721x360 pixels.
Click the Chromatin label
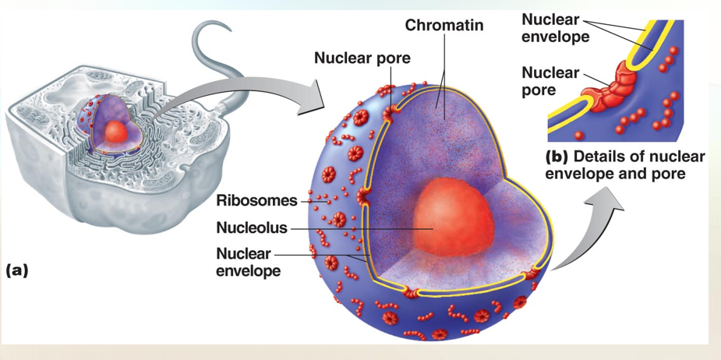(x=444, y=26)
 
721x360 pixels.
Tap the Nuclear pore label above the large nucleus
(x=362, y=58)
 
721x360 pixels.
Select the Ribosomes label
(x=256, y=200)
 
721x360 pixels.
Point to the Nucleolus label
(x=251, y=228)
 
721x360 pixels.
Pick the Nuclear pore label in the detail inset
(x=550, y=80)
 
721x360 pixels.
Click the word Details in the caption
(x=601, y=156)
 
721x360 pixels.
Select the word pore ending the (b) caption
(x=668, y=173)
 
